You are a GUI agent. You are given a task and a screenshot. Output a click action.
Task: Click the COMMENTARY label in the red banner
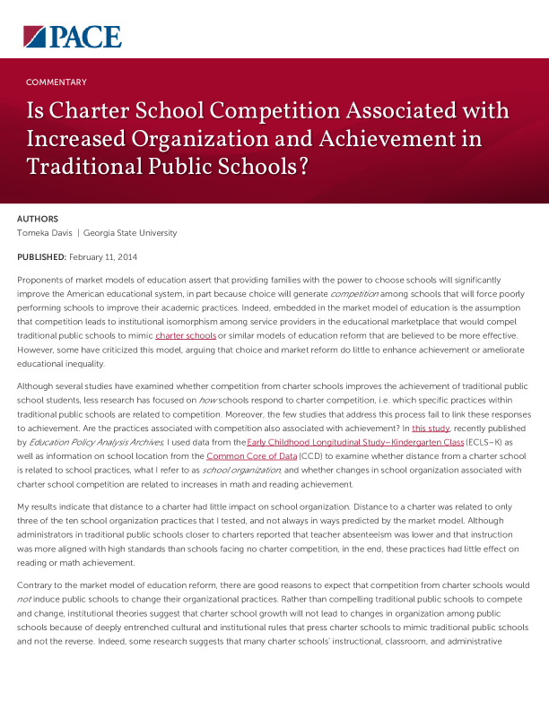(57, 82)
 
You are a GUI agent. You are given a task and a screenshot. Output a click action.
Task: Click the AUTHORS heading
(38, 218)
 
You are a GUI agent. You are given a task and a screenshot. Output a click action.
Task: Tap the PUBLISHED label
(41, 257)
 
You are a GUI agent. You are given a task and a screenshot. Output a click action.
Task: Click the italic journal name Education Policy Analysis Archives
(90, 443)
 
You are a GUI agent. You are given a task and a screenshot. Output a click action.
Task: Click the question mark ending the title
(302, 167)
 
